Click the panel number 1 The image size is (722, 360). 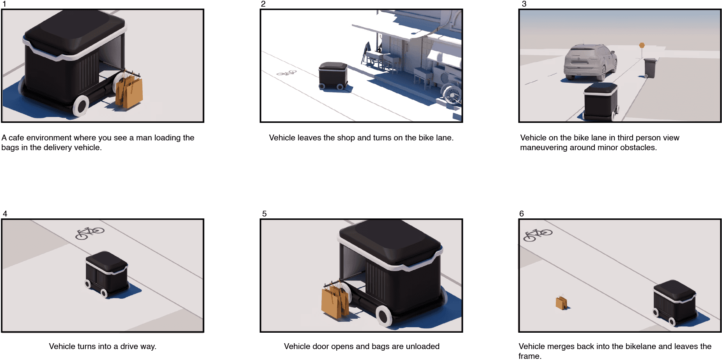point(4,4)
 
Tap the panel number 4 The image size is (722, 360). point(5,214)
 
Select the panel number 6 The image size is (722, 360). point(522,214)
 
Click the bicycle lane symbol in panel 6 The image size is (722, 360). point(538,235)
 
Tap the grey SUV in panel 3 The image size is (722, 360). point(590,62)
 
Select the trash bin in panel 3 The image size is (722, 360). point(650,68)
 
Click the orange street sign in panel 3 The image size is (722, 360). point(642,46)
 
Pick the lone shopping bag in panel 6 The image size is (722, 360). point(562,302)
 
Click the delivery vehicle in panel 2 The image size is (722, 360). point(333,76)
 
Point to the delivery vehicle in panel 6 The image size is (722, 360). point(675,303)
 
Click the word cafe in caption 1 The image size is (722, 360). point(17,138)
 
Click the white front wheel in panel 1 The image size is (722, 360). point(81,105)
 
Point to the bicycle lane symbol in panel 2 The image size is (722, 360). point(287,73)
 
